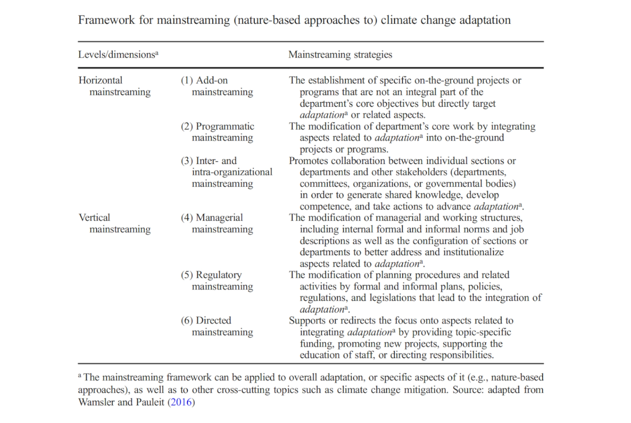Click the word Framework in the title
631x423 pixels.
coord(106,20)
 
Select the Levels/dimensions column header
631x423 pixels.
coord(118,54)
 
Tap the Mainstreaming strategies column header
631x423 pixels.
coord(340,54)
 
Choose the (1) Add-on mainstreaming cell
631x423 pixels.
coord(217,86)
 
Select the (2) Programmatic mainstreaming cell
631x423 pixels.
coord(218,132)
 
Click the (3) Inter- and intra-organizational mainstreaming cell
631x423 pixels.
coord(226,172)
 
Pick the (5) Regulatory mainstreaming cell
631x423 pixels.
coord(217,280)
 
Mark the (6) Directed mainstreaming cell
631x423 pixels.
coord(217,326)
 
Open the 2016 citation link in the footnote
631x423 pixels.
coord(181,402)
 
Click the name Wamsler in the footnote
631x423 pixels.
coord(96,402)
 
